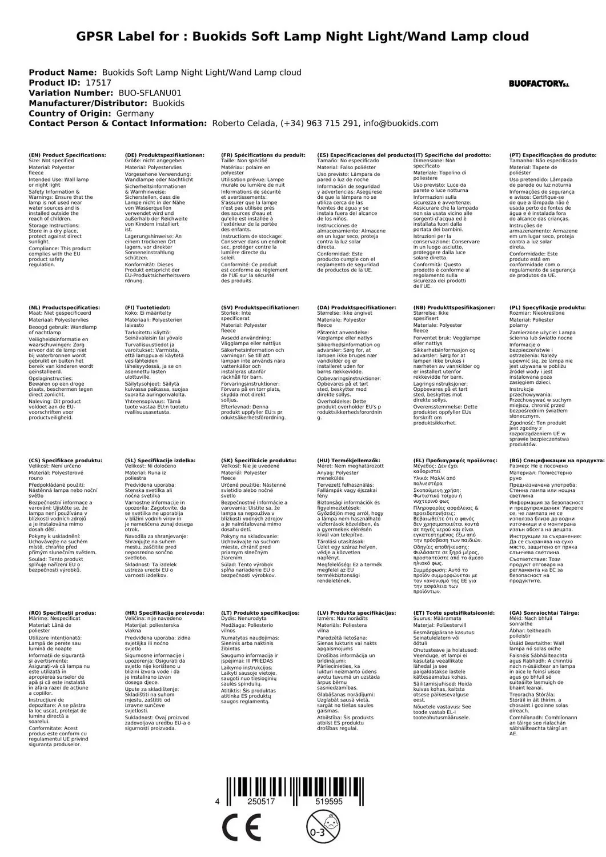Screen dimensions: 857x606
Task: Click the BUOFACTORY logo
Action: tap(539, 83)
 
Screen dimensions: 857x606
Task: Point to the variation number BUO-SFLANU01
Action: tap(150, 93)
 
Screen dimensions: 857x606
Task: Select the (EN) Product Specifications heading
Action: tap(67, 155)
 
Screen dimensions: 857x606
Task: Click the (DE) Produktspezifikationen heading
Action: tap(164, 155)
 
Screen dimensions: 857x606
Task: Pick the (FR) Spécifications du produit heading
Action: tap(263, 155)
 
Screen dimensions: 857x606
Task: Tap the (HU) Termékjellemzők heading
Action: tap(348, 460)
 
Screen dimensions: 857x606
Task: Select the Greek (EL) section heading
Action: tap(455, 460)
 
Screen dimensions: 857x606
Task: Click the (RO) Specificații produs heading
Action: tap(62, 612)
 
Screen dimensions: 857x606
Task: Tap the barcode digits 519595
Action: tap(328, 802)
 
